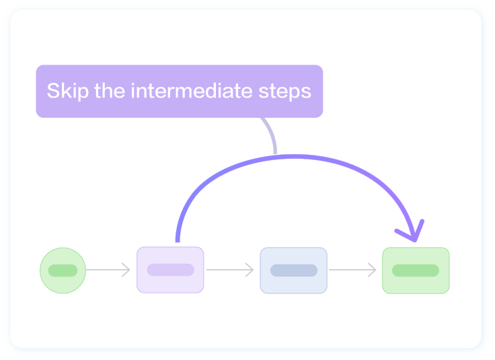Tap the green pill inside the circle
pos(63,271)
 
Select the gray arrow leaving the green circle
pos(108,271)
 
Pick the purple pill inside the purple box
pos(170,270)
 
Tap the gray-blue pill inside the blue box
pos(293,271)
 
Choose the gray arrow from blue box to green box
pos(352,271)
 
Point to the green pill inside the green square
pos(416,271)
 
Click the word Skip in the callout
pos(68,91)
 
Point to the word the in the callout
pos(110,91)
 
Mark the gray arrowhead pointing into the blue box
pos(250,271)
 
